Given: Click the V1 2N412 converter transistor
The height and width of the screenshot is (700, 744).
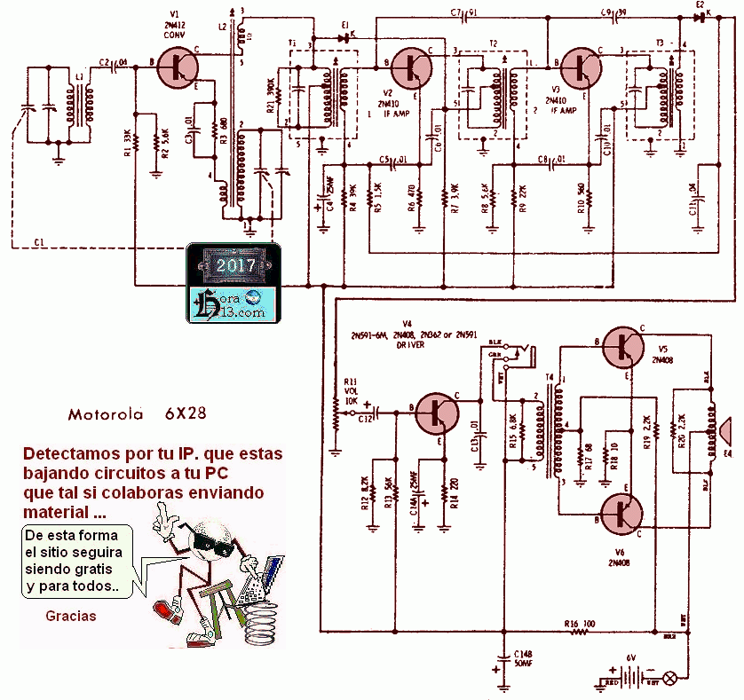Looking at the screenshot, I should coord(182,65).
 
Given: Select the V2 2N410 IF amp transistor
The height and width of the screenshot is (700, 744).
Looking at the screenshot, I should coord(411,67).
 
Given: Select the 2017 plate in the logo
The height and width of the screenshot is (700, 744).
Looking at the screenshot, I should coord(232,265).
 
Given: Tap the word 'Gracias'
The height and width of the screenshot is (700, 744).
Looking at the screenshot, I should coord(72,616).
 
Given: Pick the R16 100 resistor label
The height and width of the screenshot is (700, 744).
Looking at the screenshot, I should coord(578,624).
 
